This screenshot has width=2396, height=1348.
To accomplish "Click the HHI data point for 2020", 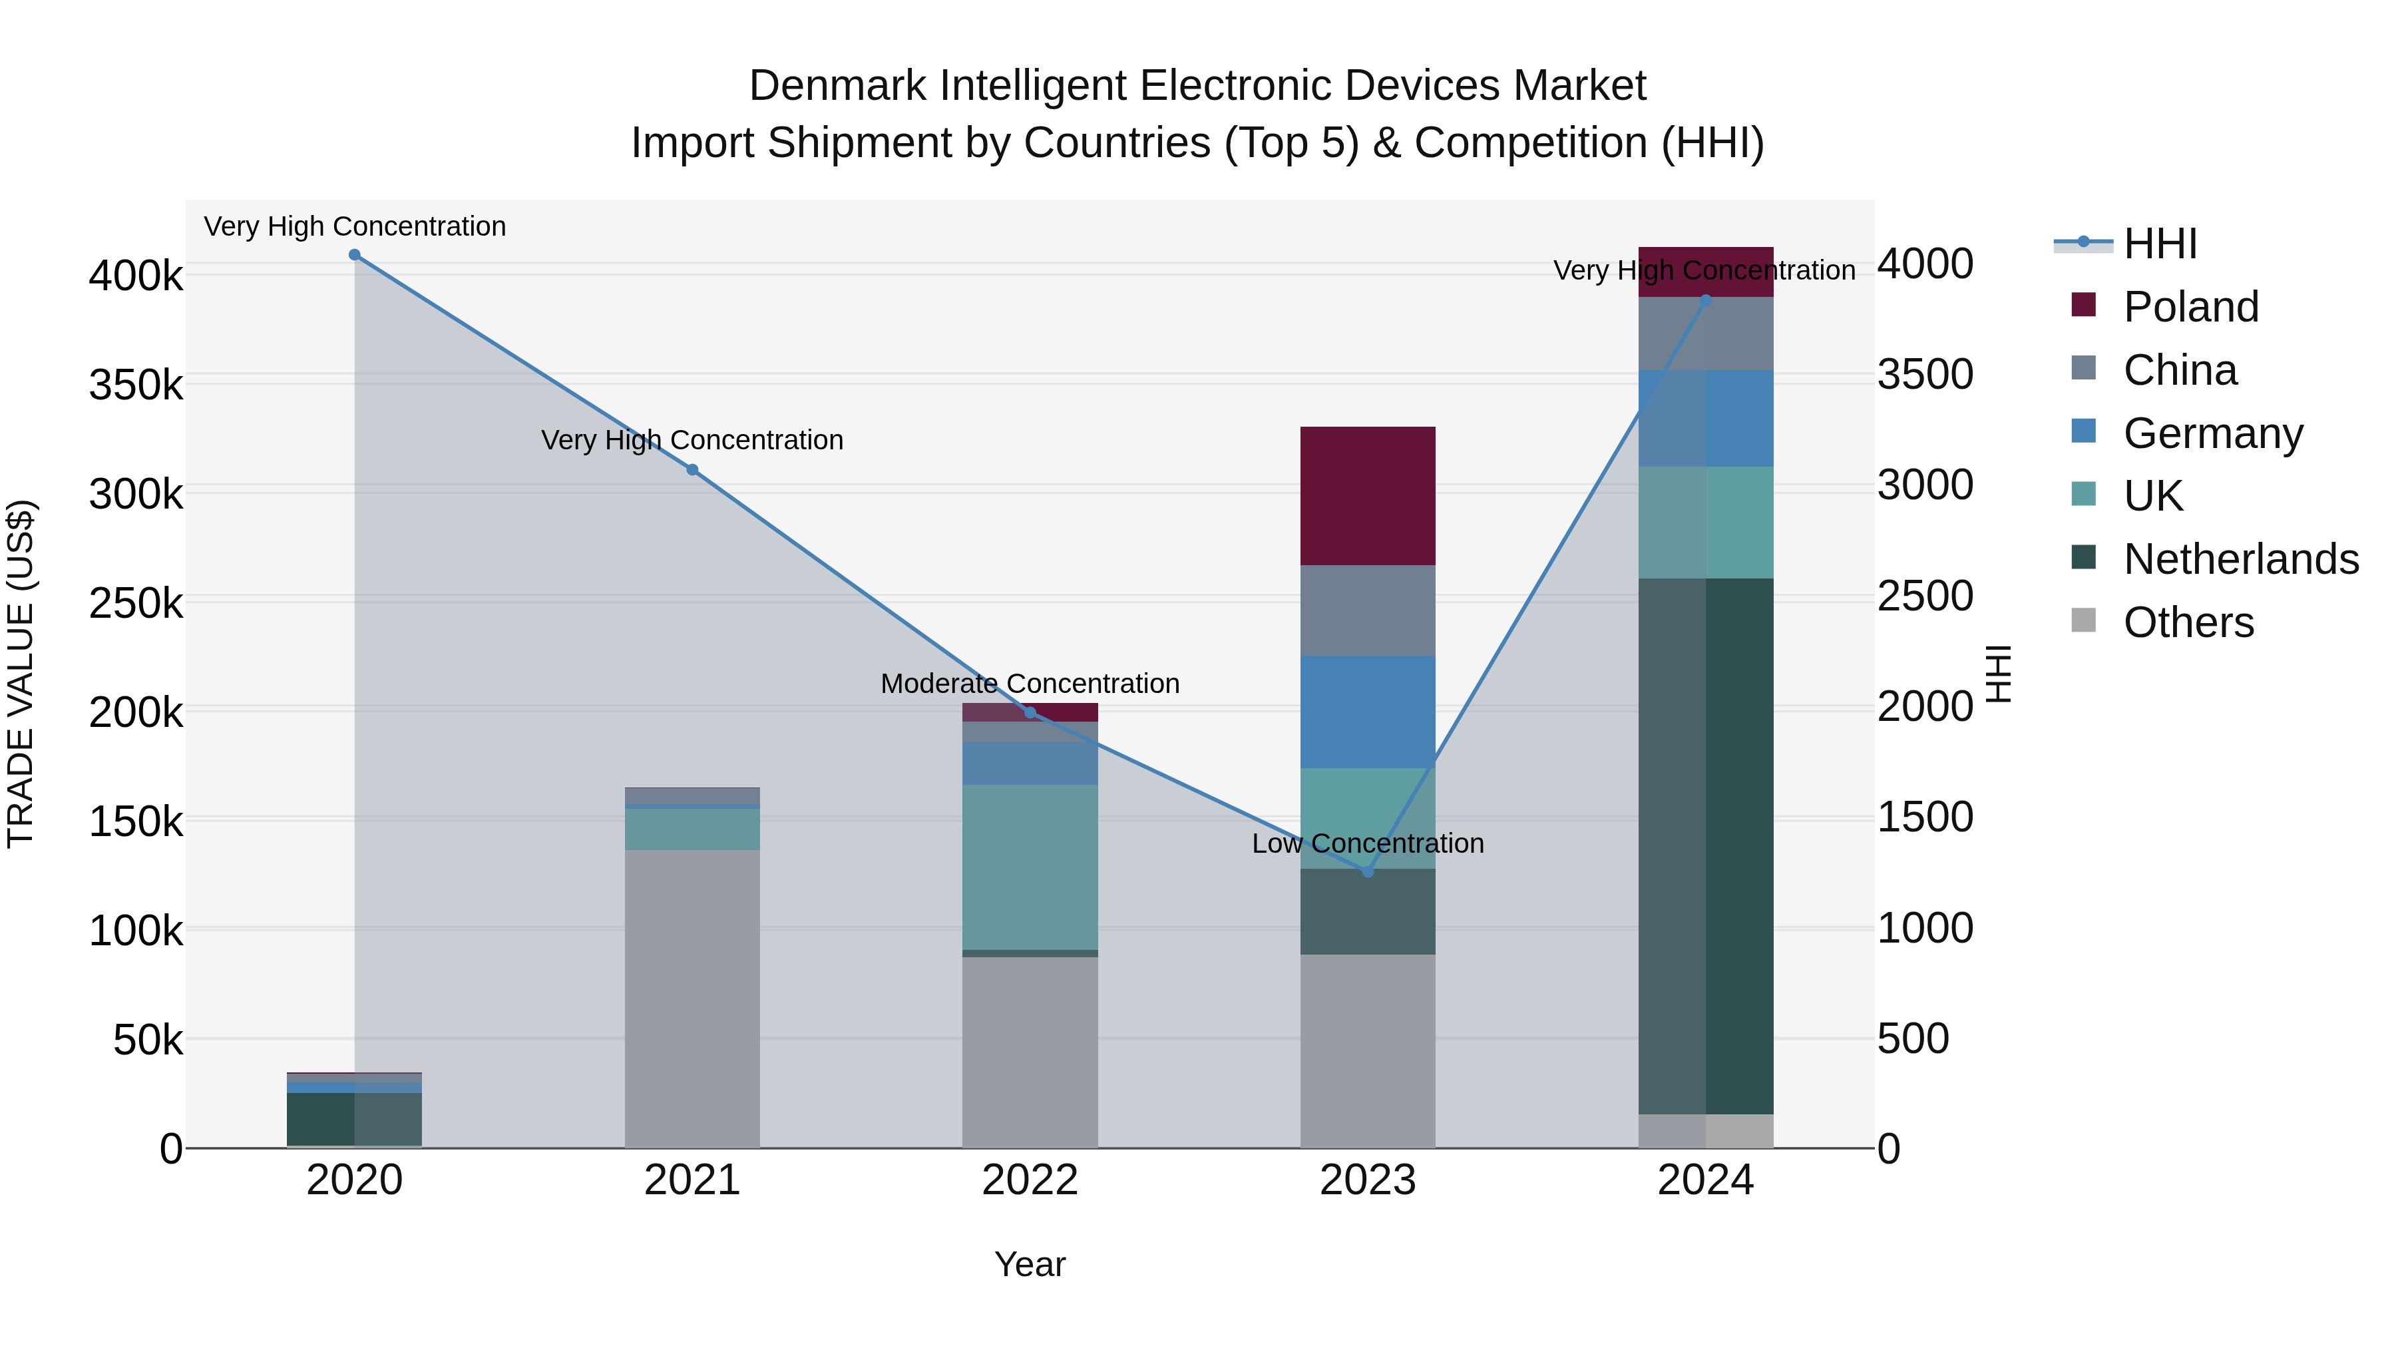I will click(354, 255).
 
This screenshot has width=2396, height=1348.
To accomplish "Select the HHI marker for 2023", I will click(1367, 871).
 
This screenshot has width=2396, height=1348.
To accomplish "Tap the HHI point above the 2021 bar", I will click(692, 470).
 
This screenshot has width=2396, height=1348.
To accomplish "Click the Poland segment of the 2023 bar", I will click(1367, 496).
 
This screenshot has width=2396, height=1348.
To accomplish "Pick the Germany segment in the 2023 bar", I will click(1367, 712).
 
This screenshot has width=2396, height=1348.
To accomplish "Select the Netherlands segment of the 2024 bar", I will click(1706, 847).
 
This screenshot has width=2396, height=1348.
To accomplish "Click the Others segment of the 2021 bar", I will click(692, 999).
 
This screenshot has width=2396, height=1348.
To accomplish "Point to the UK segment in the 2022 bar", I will click(1030, 867).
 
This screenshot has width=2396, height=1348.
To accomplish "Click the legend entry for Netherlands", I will click(2241, 560).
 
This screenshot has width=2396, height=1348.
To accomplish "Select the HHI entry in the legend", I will click(2160, 244).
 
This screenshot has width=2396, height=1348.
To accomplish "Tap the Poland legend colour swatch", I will click(2083, 305).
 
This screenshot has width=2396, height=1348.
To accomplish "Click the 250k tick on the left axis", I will click(136, 604).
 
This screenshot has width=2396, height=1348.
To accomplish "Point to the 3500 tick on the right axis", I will click(1924, 374).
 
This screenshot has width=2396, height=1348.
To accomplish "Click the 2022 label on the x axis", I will click(1030, 1180).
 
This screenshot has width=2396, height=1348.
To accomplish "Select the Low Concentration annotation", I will click(1367, 844).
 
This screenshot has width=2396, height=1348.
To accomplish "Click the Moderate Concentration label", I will click(1030, 684).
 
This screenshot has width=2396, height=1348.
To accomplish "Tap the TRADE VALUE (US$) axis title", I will click(21, 674).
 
